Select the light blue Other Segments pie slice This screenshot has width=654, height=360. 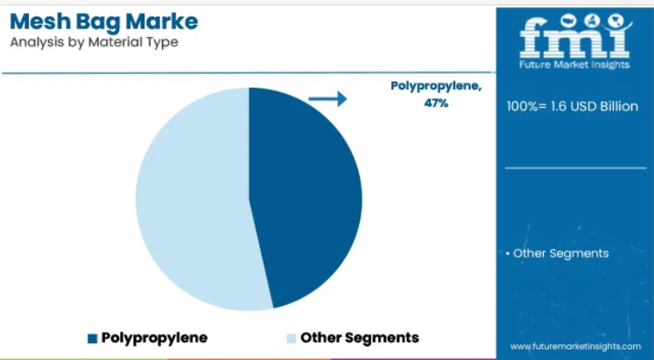192,201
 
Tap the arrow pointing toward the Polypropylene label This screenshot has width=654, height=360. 327,99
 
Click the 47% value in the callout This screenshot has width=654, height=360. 436,102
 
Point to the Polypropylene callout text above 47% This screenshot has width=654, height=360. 436,87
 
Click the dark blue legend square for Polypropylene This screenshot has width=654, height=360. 92,338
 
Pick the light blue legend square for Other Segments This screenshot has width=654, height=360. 292,338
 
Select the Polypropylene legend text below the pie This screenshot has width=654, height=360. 154,337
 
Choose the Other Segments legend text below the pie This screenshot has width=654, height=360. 360,337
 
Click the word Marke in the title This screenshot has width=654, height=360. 161,21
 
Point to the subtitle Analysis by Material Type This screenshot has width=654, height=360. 95,42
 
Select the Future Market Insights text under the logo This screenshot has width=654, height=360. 574,65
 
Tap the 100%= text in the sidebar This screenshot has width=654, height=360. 526,106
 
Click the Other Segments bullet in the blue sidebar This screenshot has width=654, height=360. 557,253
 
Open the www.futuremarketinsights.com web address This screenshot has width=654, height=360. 575,346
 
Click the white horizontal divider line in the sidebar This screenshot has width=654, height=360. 575,168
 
